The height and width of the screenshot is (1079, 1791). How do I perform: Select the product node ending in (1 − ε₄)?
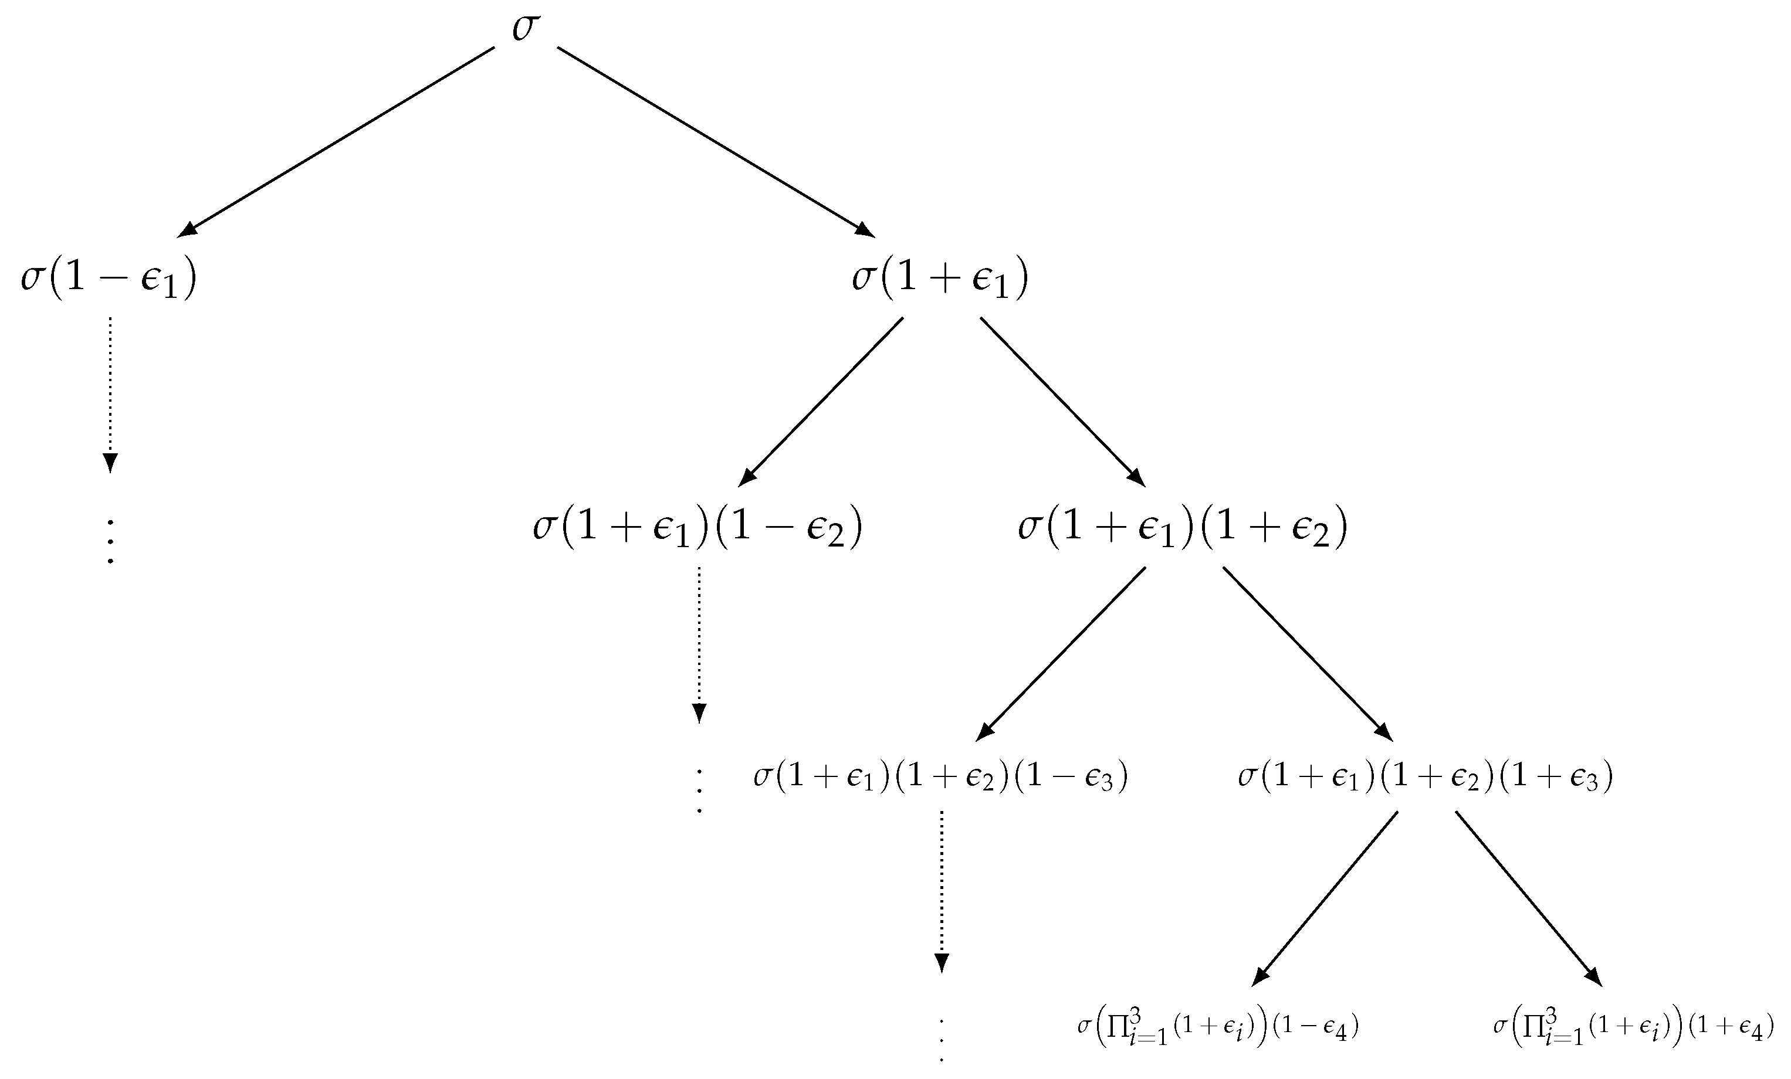pos(1217,1027)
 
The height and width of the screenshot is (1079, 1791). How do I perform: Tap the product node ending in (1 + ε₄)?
pos(1633,1027)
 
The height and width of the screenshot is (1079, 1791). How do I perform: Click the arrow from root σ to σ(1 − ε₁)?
pos(336,142)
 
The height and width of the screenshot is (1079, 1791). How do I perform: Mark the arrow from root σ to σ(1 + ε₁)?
pos(716,142)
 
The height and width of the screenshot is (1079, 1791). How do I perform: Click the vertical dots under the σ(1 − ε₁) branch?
pos(110,541)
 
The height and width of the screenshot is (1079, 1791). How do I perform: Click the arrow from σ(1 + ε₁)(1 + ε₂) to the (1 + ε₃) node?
pos(1307,653)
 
